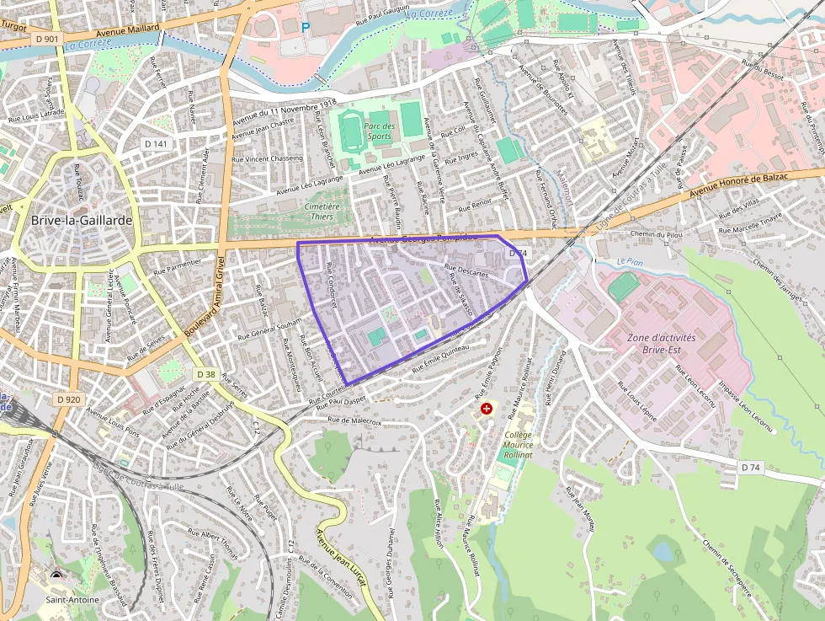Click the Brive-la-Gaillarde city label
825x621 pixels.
[x=81, y=220]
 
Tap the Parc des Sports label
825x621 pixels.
[x=379, y=131]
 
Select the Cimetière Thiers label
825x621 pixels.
[x=321, y=211]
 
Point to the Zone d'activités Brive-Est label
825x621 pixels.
[x=662, y=342]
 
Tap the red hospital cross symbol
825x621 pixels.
[x=486, y=409]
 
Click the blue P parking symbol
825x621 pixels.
[x=306, y=27]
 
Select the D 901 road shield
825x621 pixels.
[x=48, y=39]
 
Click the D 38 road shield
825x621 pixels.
[x=206, y=373]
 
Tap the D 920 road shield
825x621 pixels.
[x=69, y=399]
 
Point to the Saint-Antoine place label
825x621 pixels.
[x=72, y=599]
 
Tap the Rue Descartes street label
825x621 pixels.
[x=466, y=271]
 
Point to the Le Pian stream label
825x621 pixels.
[x=629, y=262]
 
